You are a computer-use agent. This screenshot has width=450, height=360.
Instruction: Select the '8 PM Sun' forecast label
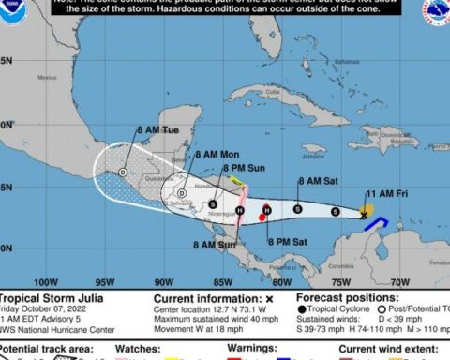pos(247,167)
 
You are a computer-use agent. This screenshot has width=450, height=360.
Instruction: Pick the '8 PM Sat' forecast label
pos(288,242)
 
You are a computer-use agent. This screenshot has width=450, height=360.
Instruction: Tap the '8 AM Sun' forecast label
pos(215,245)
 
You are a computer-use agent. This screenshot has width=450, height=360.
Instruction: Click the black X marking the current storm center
pos(365,215)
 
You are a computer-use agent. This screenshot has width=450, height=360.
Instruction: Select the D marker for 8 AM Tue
pos(124,172)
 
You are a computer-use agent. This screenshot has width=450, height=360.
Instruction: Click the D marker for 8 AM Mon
pos(181,193)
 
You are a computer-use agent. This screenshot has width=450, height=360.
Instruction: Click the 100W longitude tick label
pos(45,282)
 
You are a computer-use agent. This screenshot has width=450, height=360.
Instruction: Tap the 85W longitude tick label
pos(222,282)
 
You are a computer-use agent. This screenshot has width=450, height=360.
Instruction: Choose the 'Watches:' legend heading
pos(138,350)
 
